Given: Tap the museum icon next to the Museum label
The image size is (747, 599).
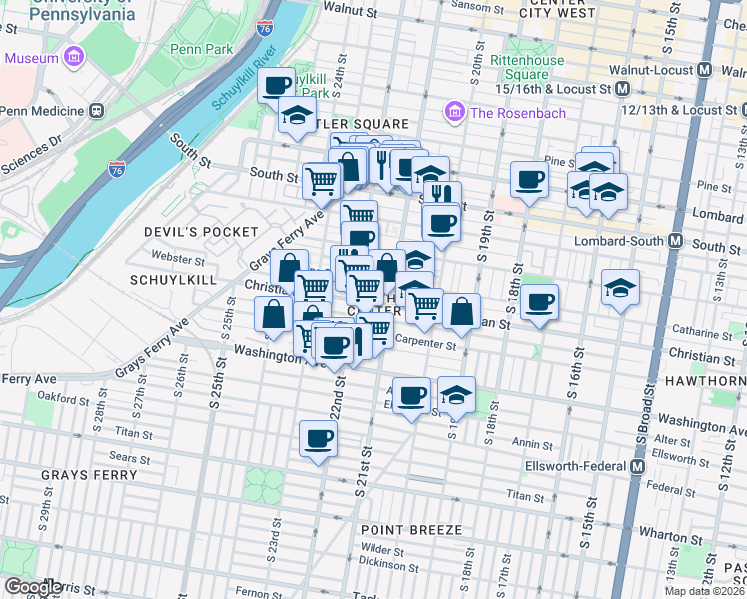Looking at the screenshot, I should pyautogui.click(x=74, y=58).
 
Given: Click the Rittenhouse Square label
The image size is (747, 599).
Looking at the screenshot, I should pyautogui.click(x=526, y=67).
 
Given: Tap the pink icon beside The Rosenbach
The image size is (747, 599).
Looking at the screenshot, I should pyautogui.click(x=456, y=112).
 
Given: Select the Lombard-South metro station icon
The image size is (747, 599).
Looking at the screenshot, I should pyautogui.click(x=676, y=241).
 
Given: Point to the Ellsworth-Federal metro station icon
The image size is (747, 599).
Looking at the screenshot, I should pyautogui.click(x=638, y=466).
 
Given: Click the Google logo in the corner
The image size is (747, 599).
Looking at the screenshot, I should pyautogui.click(x=32, y=586).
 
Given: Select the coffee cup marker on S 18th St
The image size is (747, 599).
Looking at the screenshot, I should pyautogui.click(x=539, y=301).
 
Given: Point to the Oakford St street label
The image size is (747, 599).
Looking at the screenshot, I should pyautogui.click(x=63, y=399).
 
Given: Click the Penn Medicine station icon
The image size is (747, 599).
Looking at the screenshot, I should pyautogui.click(x=97, y=111).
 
